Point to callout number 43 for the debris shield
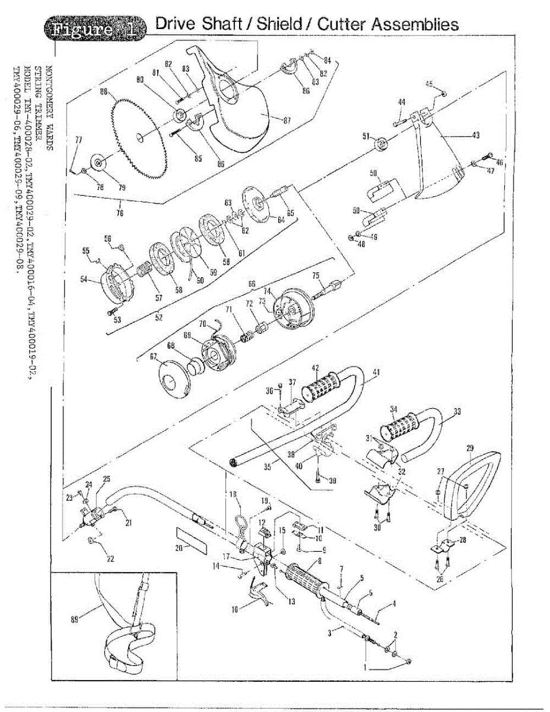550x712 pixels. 476,135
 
